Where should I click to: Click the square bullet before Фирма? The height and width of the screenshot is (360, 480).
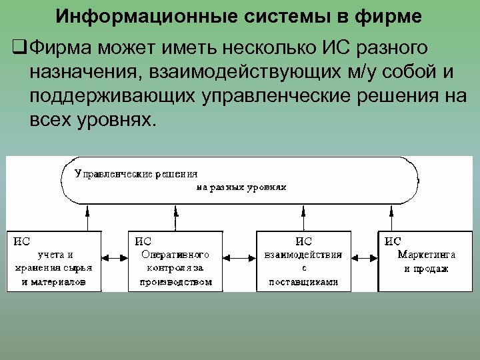pos(19,48)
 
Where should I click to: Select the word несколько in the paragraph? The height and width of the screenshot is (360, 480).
pos(257,48)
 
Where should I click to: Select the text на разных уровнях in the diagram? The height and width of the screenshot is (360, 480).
pos(241,187)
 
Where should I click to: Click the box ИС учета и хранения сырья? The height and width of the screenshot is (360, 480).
pos(54,261)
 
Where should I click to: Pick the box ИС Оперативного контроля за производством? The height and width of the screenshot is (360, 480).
pos(175,261)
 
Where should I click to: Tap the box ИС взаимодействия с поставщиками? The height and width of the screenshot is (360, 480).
pos(303,261)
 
